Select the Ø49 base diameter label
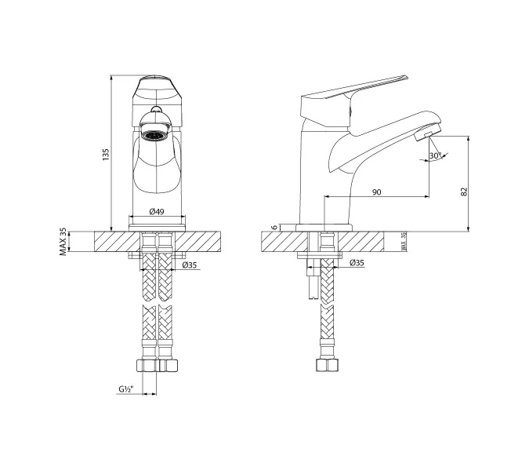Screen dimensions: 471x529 pyautogui.click(x=156, y=212)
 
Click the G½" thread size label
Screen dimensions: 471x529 pyautogui.click(x=125, y=389)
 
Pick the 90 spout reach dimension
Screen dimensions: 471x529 pyautogui.click(x=376, y=191)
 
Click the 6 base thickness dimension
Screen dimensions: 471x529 pyautogui.click(x=274, y=227)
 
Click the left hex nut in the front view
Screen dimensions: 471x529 pyautogui.click(x=147, y=365)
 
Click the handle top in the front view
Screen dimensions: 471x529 pyautogui.click(x=156, y=82)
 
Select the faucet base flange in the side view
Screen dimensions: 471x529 pyautogui.click(x=324, y=228)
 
